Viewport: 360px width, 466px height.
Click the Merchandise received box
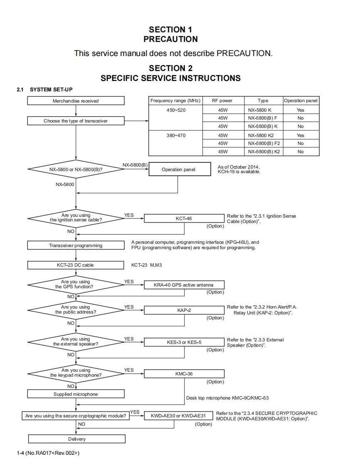click(x=76, y=101)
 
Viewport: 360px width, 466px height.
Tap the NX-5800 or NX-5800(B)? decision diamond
click(x=76, y=169)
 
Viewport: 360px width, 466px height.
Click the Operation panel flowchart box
click(x=178, y=169)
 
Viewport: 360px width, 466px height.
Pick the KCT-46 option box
click(x=183, y=218)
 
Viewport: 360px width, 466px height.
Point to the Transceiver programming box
click(x=76, y=245)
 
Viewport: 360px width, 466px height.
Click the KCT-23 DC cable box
click(x=76, y=265)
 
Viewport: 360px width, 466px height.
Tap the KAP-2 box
click(x=183, y=310)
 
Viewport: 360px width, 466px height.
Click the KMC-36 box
click(x=183, y=374)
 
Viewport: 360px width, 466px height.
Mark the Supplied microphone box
click(x=76, y=394)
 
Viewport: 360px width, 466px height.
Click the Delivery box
click(x=76, y=439)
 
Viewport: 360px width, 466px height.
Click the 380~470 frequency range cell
click(x=175, y=135)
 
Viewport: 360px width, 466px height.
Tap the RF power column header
click(x=222, y=101)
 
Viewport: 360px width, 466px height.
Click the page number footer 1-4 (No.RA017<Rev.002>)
click(x=48, y=453)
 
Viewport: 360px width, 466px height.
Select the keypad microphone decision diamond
click(x=76, y=373)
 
